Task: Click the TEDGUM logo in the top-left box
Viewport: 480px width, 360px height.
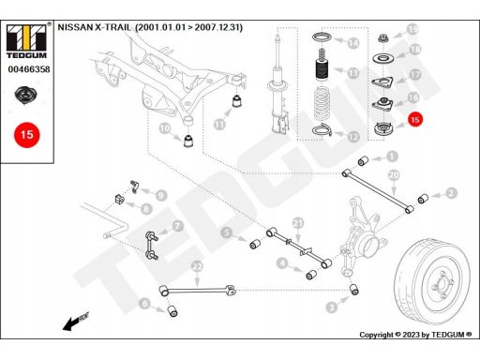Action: (x=26, y=40)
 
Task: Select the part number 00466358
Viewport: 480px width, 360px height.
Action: (x=29, y=69)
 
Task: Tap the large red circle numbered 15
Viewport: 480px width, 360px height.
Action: (x=27, y=135)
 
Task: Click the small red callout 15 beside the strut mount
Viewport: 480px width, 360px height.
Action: (x=415, y=120)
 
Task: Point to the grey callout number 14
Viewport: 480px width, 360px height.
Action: (x=353, y=43)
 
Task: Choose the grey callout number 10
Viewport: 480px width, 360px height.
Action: (x=165, y=128)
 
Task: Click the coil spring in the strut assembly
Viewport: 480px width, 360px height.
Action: (x=322, y=105)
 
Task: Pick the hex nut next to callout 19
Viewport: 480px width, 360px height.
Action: (x=382, y=39)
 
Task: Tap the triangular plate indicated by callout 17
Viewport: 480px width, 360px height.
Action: (x=382, y=82)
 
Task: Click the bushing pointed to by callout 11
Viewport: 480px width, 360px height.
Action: (x=237, y=100)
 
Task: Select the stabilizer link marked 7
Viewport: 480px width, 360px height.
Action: (x=152, y=246)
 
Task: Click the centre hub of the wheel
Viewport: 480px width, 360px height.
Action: (x=442, y=284)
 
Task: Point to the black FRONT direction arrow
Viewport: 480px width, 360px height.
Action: (x=75, y=322)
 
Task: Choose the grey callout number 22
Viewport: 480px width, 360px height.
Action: (x=197, y=267)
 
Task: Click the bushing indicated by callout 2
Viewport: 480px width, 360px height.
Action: (x=423, y=199)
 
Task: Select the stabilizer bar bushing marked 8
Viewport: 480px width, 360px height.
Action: (x=118, y=199)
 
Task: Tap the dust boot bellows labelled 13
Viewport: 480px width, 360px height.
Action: (x=322, y=69)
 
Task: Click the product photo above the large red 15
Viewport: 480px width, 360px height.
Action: (x=26, y=96)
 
